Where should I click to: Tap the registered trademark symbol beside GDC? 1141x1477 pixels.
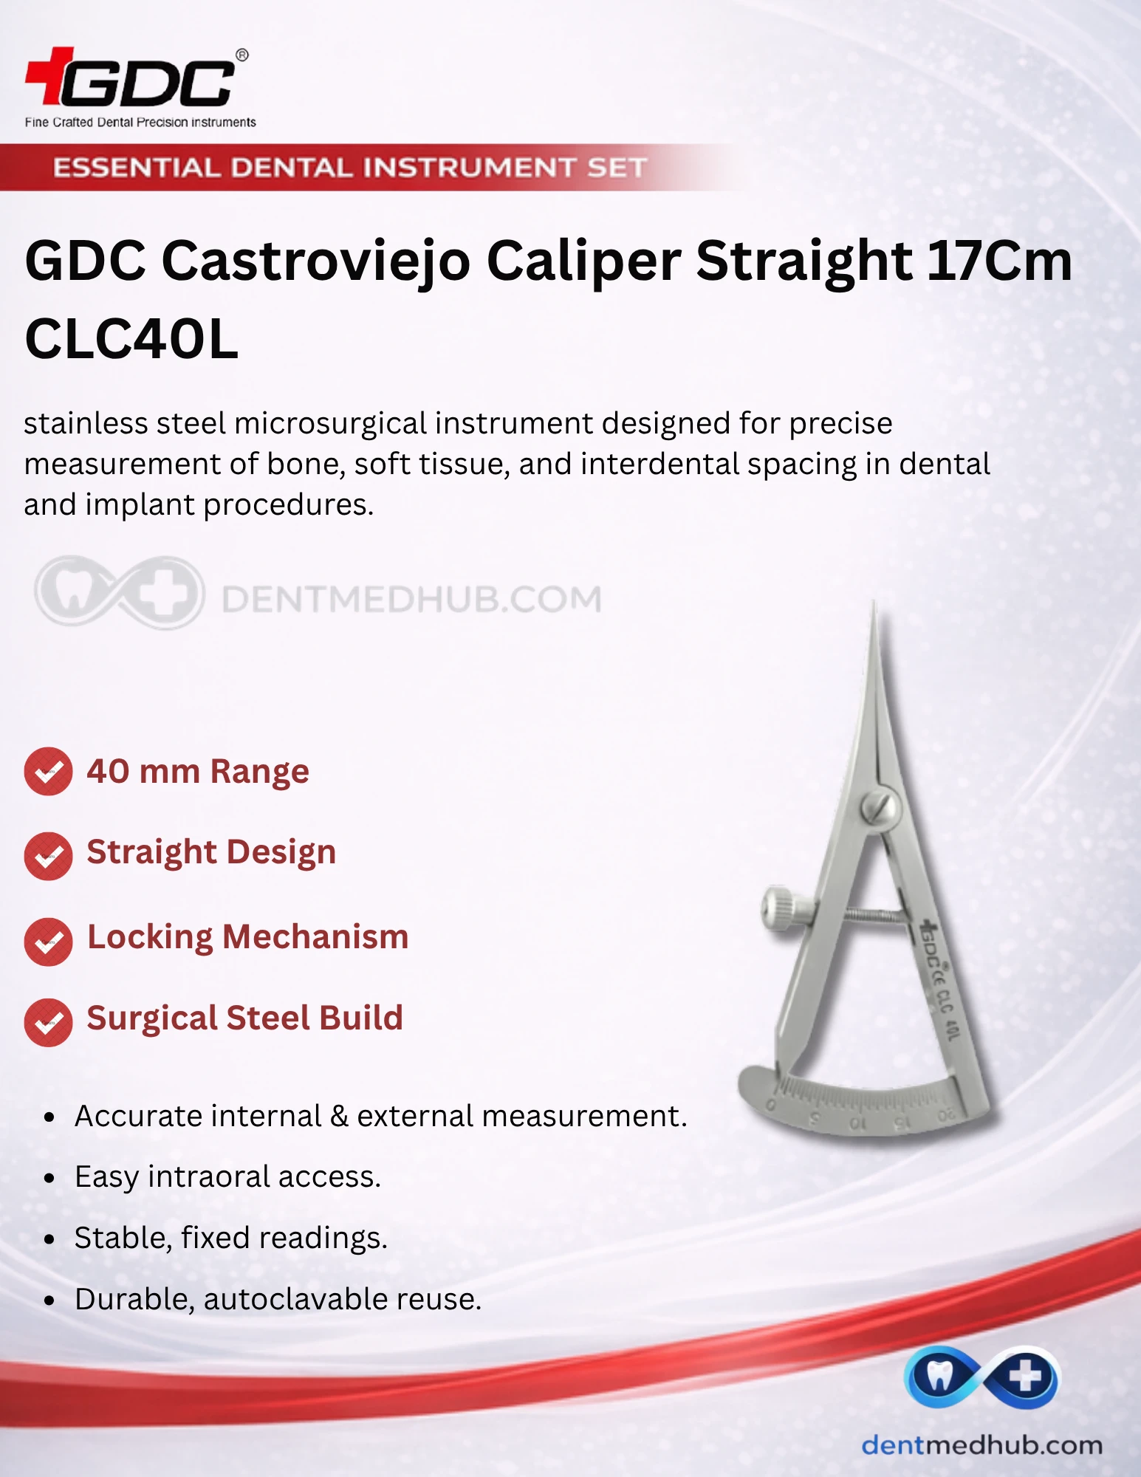pyautogui.click(x=241, y=55)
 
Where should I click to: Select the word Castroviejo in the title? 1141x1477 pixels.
pyautogui.click(x=316, y=261)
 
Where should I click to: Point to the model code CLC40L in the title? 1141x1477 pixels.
pyautogui.click(x=131, y=339)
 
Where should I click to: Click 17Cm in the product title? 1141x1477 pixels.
pyautogui.click(x=999, y=261)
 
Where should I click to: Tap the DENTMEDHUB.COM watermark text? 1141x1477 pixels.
pyautogui.click(x=411, y=599)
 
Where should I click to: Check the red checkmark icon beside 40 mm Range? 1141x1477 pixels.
pyautogui.click(x=48, y=772)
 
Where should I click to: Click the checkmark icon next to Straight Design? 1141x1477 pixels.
pyautogui.click(x=48, y=856)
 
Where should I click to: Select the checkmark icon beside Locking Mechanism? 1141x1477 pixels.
pyautogui.click(x=48, y=942)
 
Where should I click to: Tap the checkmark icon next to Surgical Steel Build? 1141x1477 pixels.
pyautogui.click(x=48, y=1022)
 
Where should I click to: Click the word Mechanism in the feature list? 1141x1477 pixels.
pyautogui.click(x=315, y=936)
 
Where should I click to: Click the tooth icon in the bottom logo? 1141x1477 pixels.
pyautogui.click(x=939, y=1377)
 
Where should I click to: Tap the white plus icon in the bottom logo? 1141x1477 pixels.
pyautogui.click(x=1025, y=1377)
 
